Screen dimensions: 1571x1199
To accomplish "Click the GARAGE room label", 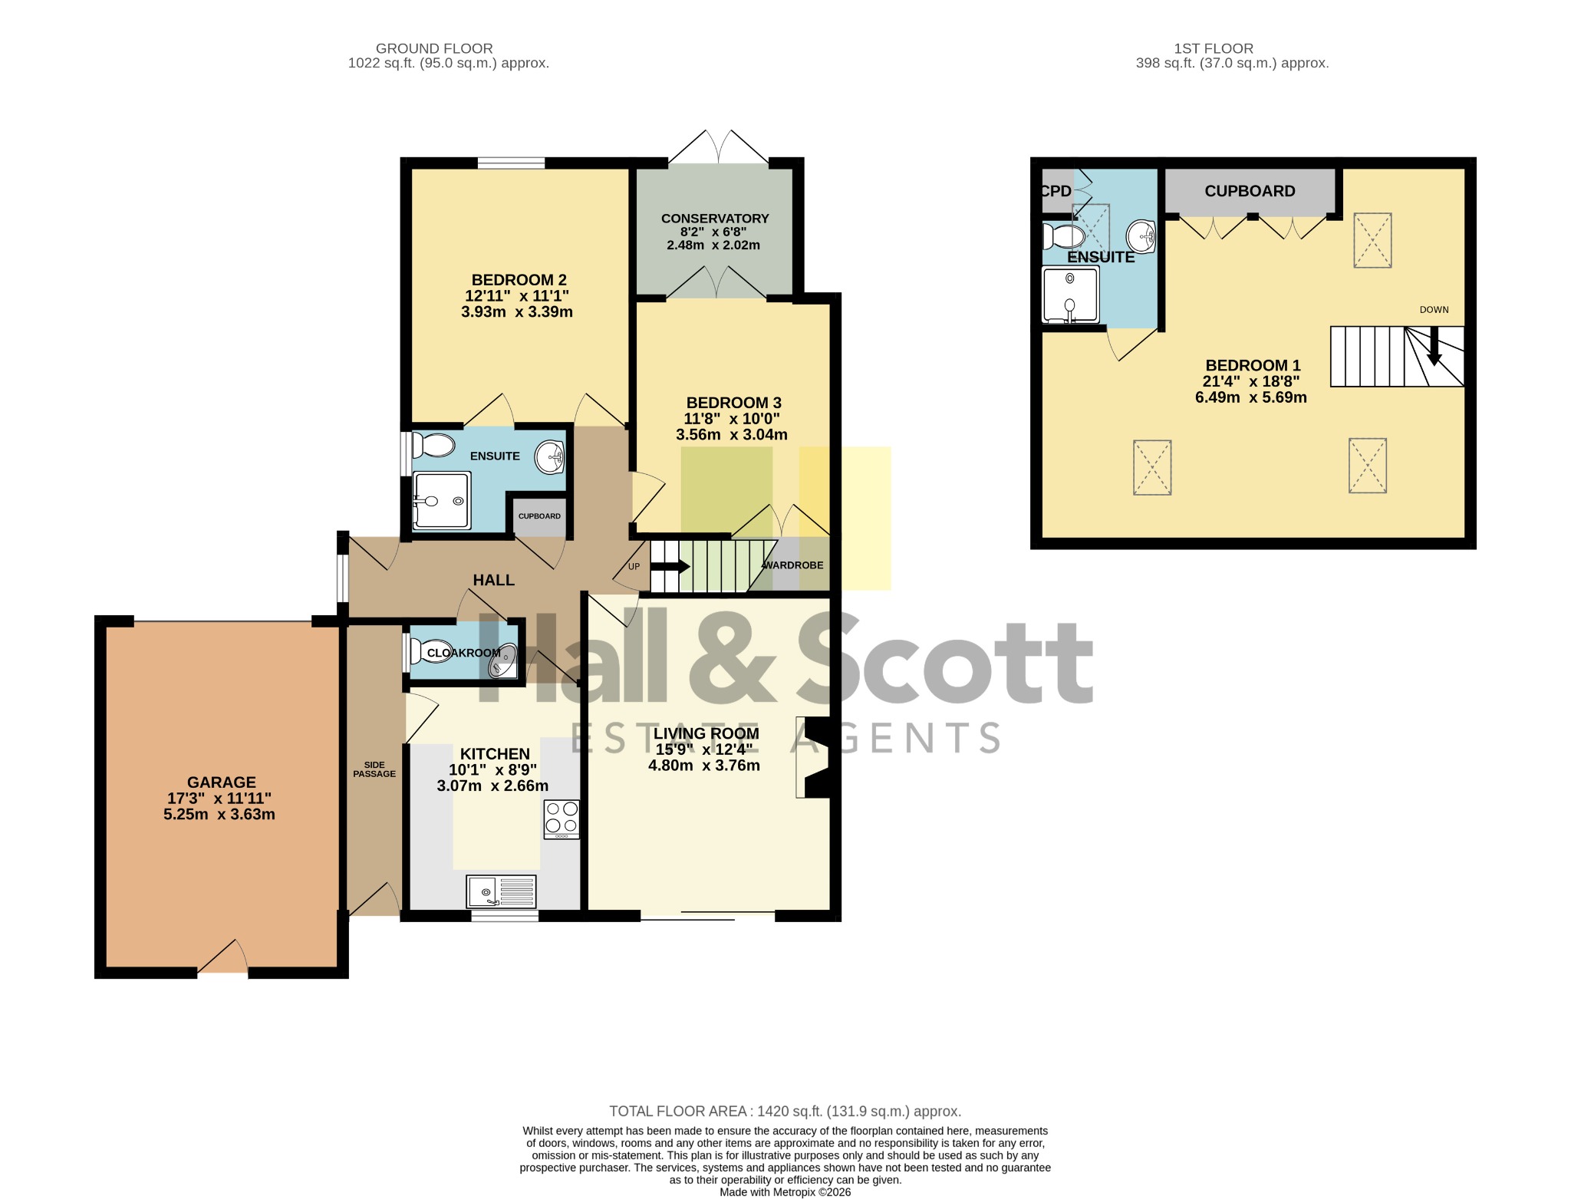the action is coord(222,782).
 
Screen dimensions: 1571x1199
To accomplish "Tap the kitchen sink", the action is coord(501,892).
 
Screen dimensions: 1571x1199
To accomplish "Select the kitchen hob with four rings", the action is coord(562,819).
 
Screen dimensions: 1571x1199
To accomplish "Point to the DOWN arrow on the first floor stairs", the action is coord(1433,346).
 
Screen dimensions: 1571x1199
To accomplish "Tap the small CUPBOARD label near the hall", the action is coord(539,516).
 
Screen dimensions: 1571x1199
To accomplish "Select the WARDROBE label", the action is coord(792,565).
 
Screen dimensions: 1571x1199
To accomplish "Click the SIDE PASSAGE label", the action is coord(374,769).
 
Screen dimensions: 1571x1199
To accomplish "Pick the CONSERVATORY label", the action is coord(715,219).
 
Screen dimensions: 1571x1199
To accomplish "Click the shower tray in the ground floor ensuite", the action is coord(441,501).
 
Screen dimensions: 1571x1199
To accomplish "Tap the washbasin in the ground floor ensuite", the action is coord(550,458).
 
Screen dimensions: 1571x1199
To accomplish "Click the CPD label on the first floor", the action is coord(1056,191).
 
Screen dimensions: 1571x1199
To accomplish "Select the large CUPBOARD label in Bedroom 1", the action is coord(1250,191).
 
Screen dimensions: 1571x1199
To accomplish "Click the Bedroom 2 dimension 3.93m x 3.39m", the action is coord(517,312).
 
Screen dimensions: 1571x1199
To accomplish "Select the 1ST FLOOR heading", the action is coord(1214,48).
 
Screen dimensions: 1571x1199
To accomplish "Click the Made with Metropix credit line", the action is coord(785,1192).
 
